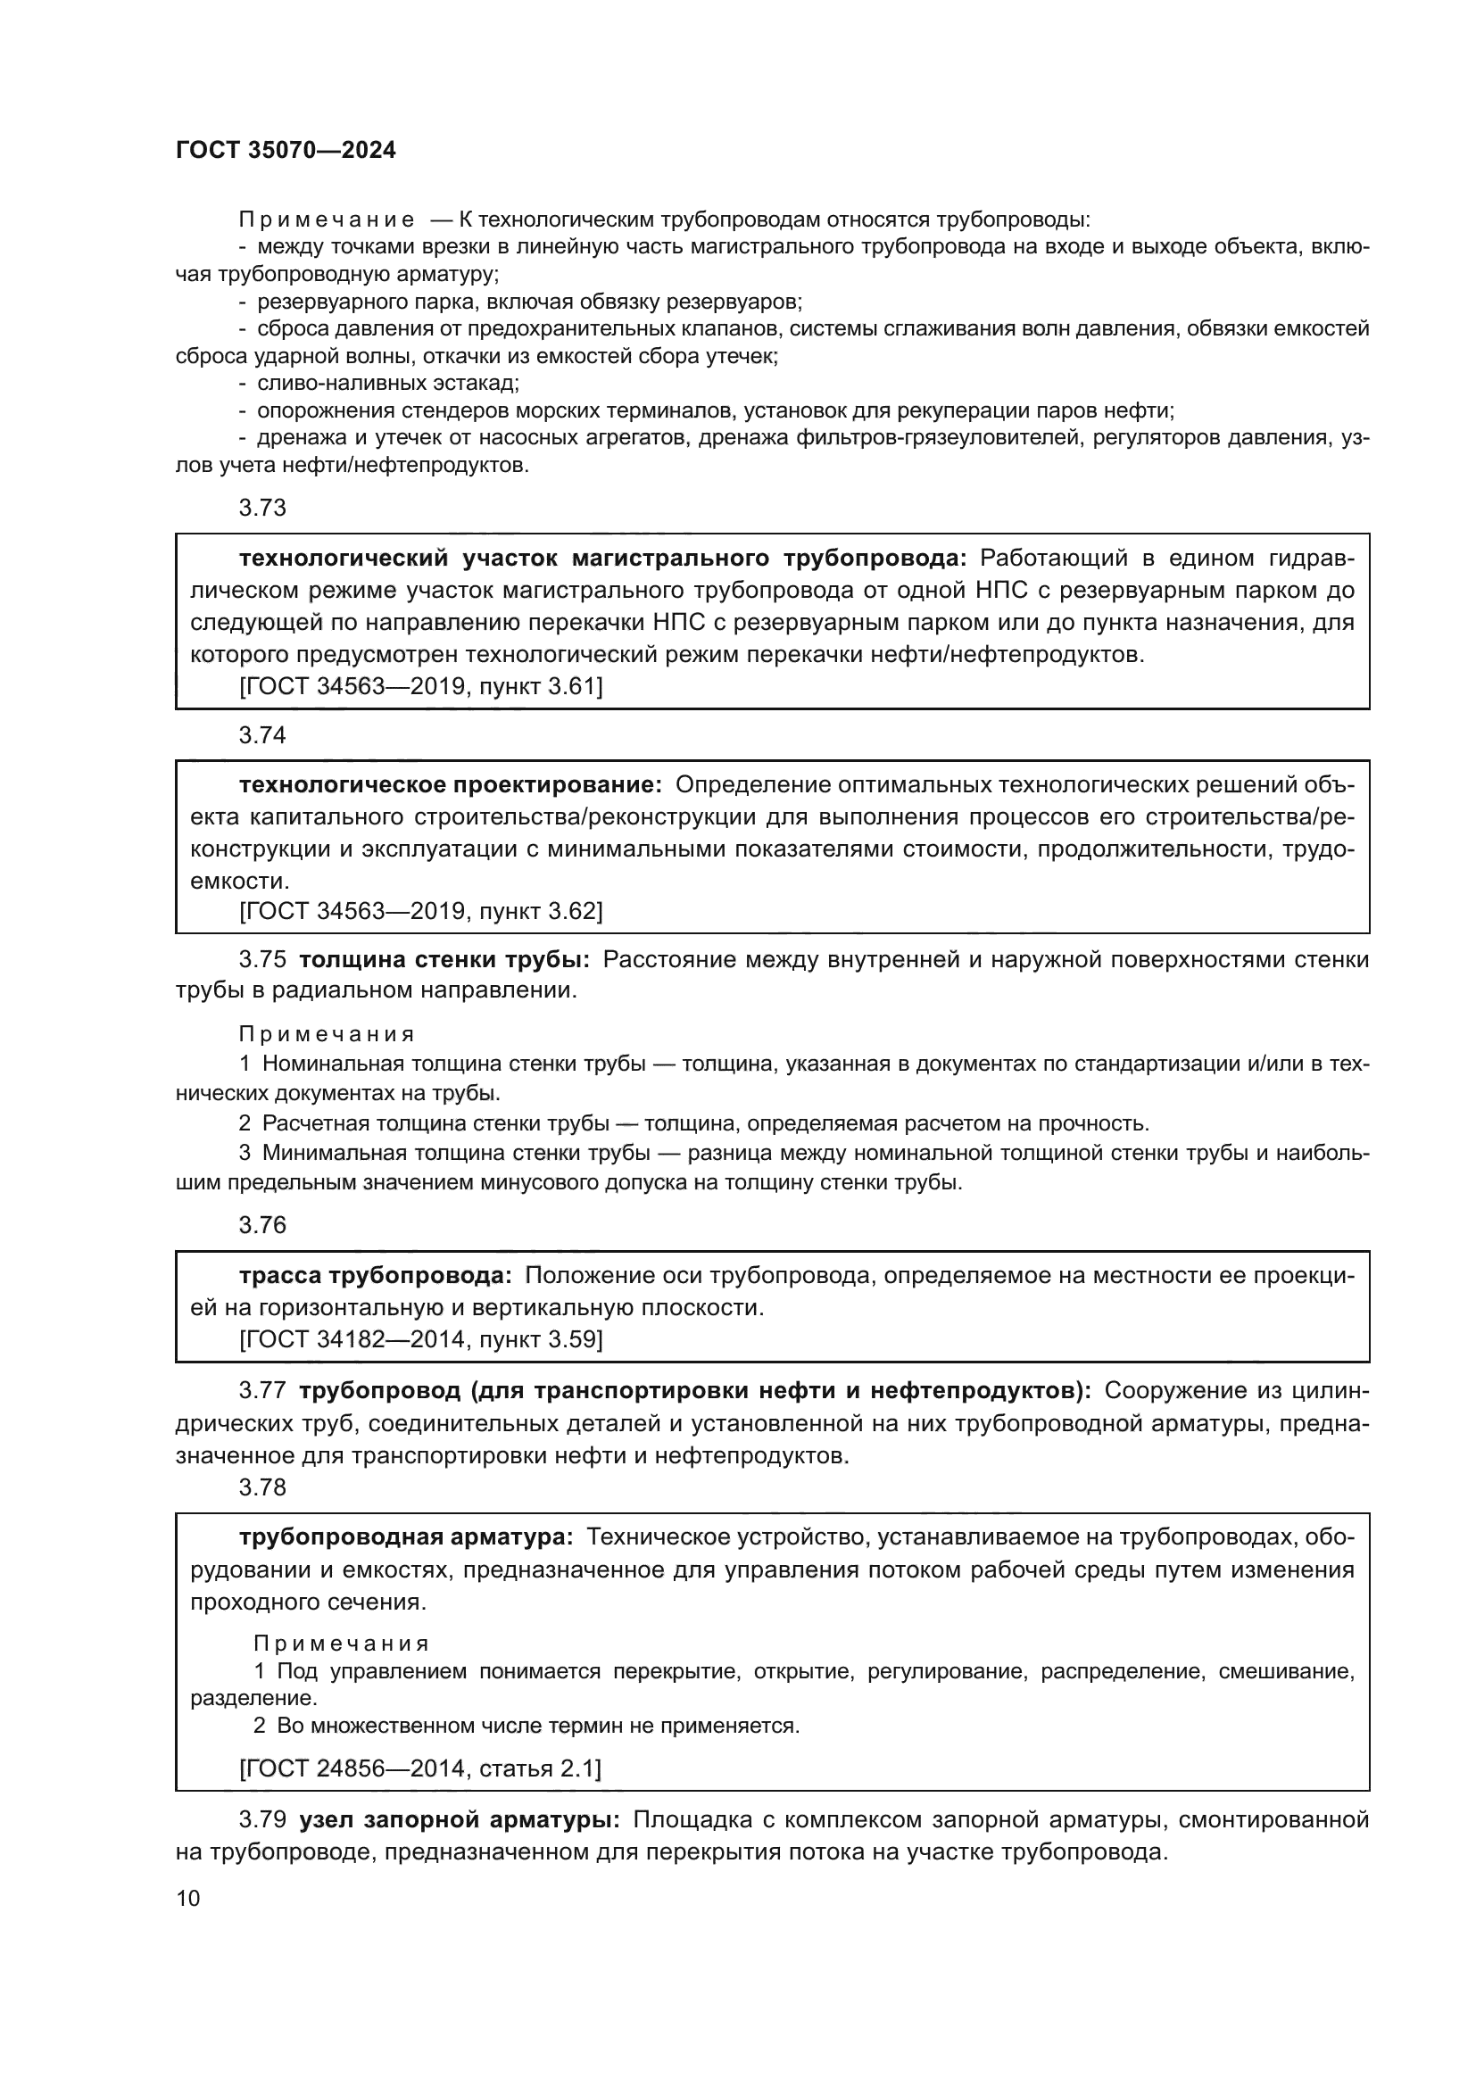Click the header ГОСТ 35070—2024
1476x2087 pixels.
(286, 151)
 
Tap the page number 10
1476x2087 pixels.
(188, 1898)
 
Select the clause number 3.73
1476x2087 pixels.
(261, 508)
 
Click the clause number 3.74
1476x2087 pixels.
(261, 734)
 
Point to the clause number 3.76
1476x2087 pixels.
(261, 1225)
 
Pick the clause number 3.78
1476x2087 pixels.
(261, 1487)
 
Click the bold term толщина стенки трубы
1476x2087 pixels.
(444, 960)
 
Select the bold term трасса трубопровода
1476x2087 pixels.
(376, 1276)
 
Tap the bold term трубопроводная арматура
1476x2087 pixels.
(405, 1538)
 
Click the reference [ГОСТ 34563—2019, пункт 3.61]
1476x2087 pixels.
(420, 686)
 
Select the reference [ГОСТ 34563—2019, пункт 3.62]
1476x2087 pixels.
(420, 911)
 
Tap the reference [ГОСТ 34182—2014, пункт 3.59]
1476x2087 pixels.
(420, 1339)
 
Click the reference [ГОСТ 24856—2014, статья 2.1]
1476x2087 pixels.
(419, 1768)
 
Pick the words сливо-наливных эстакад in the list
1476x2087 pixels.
(387, 384)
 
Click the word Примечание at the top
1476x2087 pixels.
(327, 220)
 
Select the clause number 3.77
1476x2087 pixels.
(261, 1391)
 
